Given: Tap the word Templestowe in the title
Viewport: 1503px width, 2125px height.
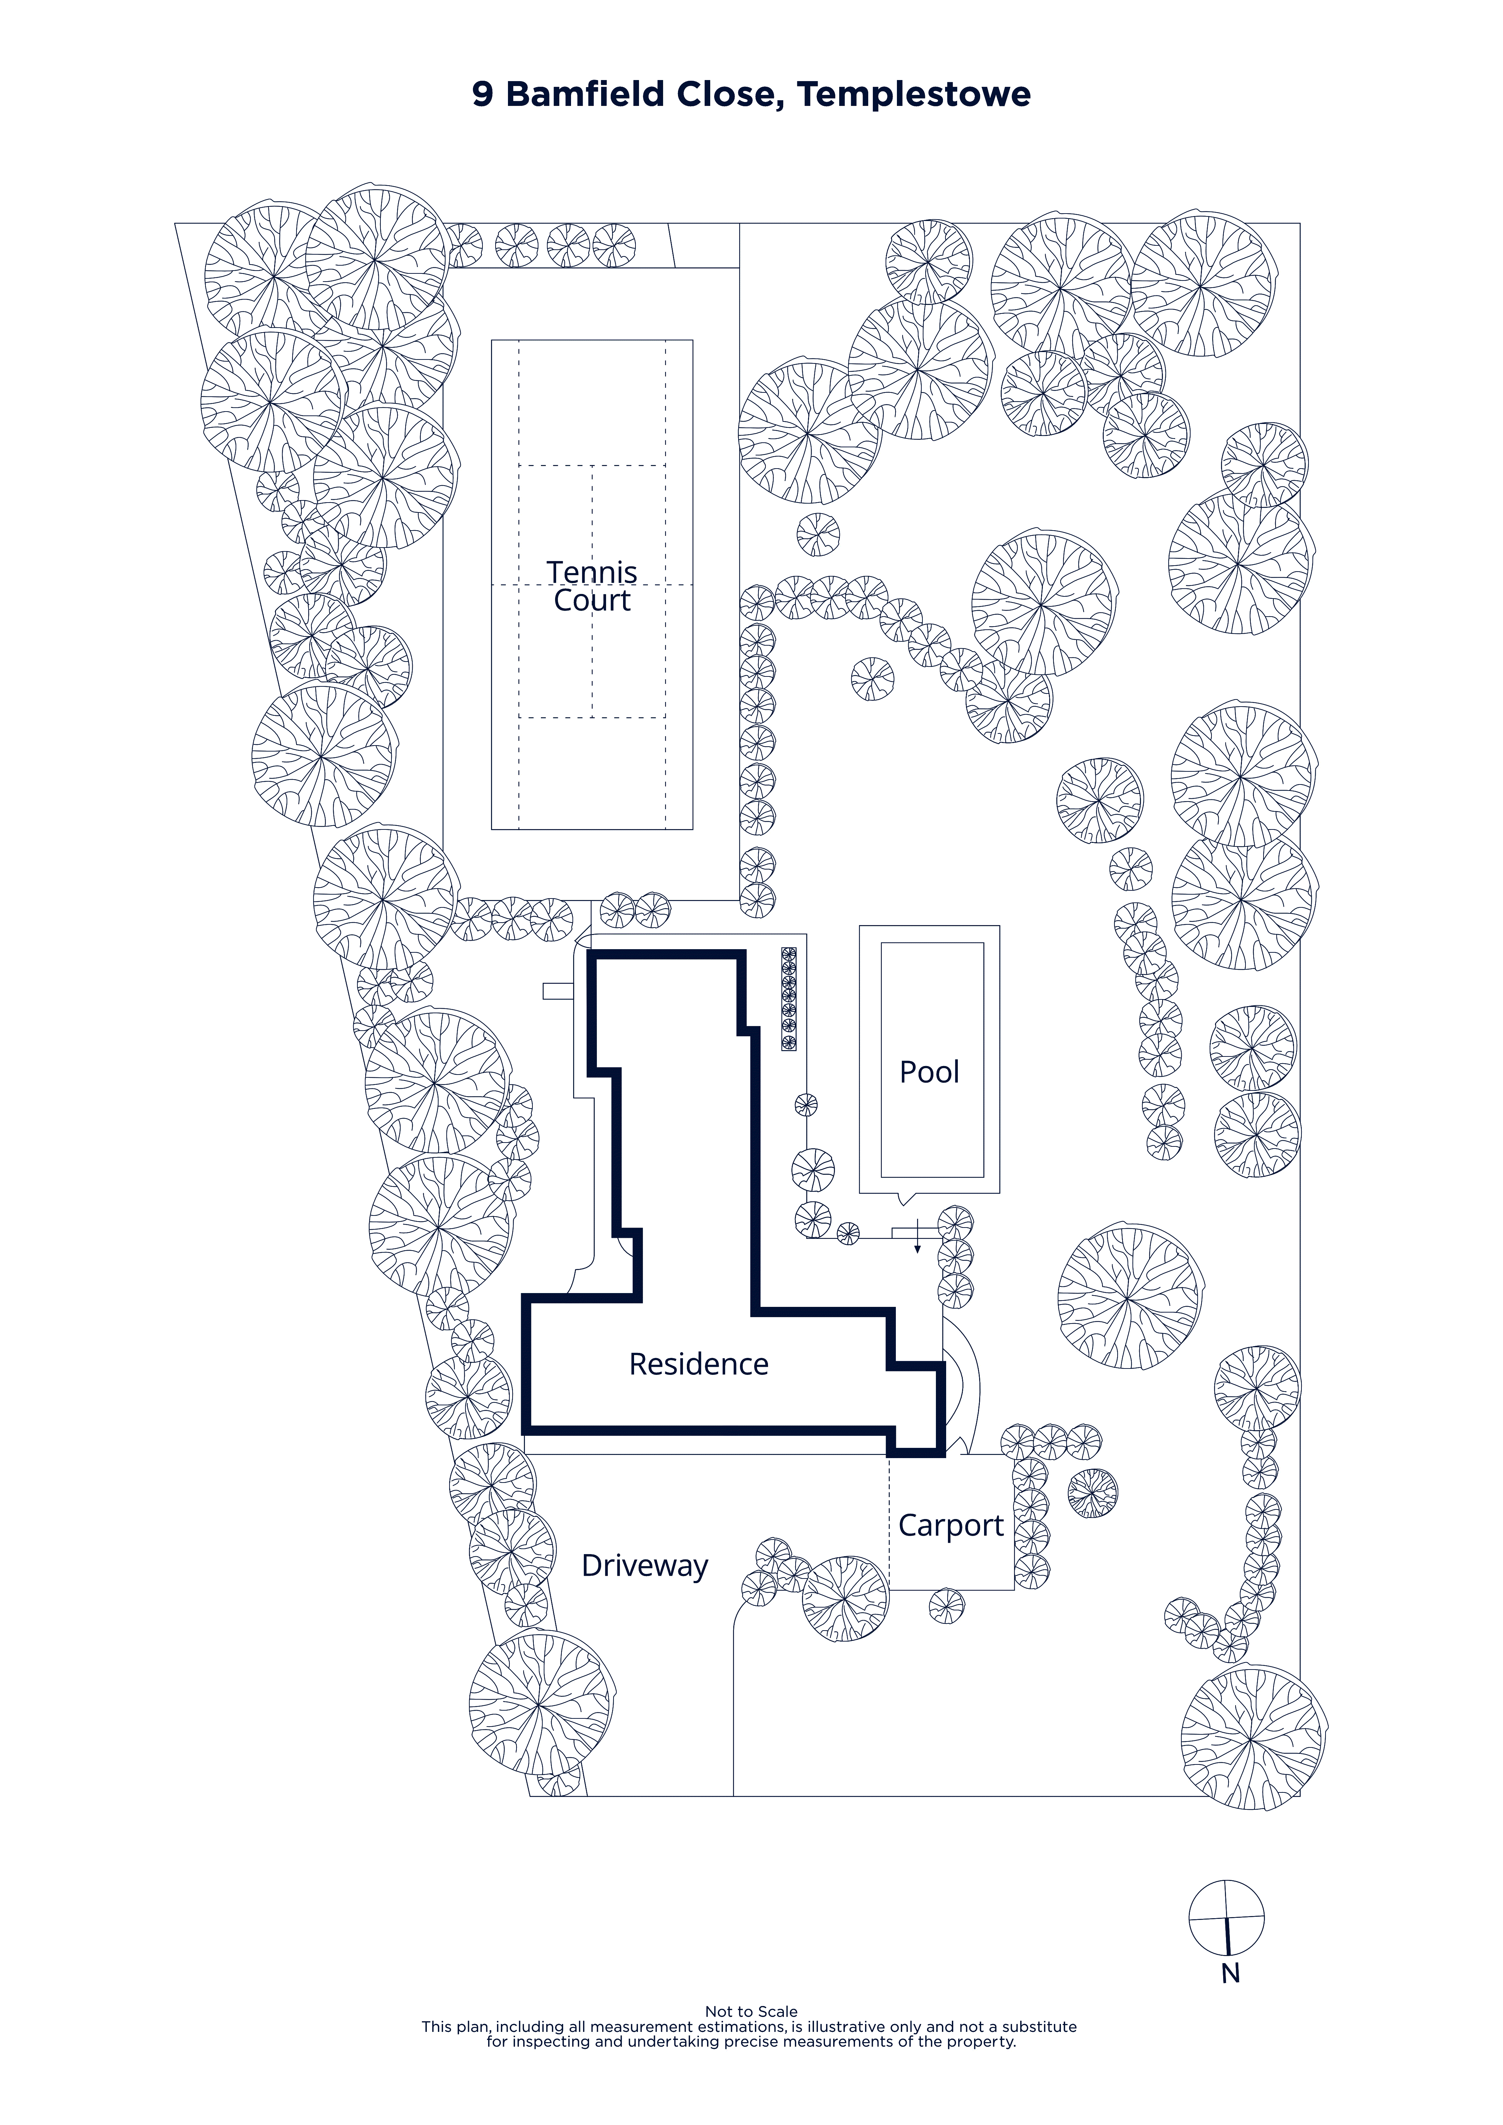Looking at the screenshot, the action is click(x=914, y=95).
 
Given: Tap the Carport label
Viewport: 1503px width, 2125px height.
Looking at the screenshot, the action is click(x=950, y=1525).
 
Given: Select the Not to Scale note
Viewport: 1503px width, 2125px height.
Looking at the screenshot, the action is click(x=752, y=2011).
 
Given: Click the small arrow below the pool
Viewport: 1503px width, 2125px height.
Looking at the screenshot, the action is click(x=917, y=1236).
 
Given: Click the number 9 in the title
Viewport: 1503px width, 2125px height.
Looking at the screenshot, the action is click(x=482, y=95).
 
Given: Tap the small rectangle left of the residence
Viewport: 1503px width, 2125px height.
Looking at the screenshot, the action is click(x=558, y=991).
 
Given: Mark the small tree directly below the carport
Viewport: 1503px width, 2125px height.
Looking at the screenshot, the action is click(x=946, y=1606).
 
